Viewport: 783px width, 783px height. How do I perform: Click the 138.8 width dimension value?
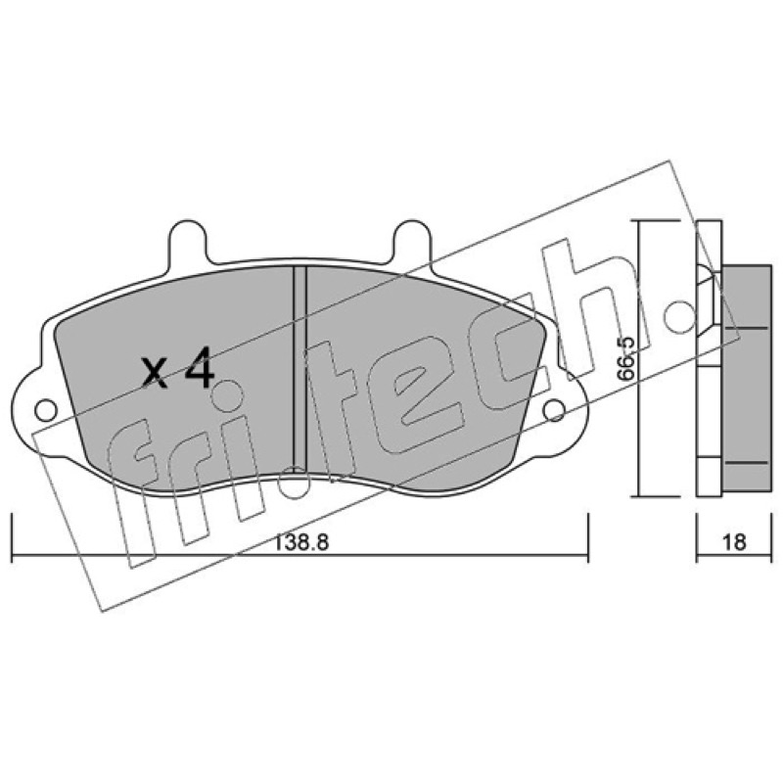pos(299,541)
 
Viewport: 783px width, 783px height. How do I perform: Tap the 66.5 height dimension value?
pos(624,358)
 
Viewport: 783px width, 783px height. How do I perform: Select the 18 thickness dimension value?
pos(733,542)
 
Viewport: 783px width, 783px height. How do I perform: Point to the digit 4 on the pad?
pos(200,368)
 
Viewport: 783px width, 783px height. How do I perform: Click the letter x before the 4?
pos(154,374)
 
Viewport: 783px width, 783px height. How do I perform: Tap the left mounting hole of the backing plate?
pos(46,410)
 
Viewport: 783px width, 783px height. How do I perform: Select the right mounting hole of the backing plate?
pos(554,410)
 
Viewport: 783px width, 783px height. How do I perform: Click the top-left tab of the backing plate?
pos(187,241)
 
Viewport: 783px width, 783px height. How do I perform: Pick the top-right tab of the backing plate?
pos(412,241)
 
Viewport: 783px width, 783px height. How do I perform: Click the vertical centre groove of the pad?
pos(299,370)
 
